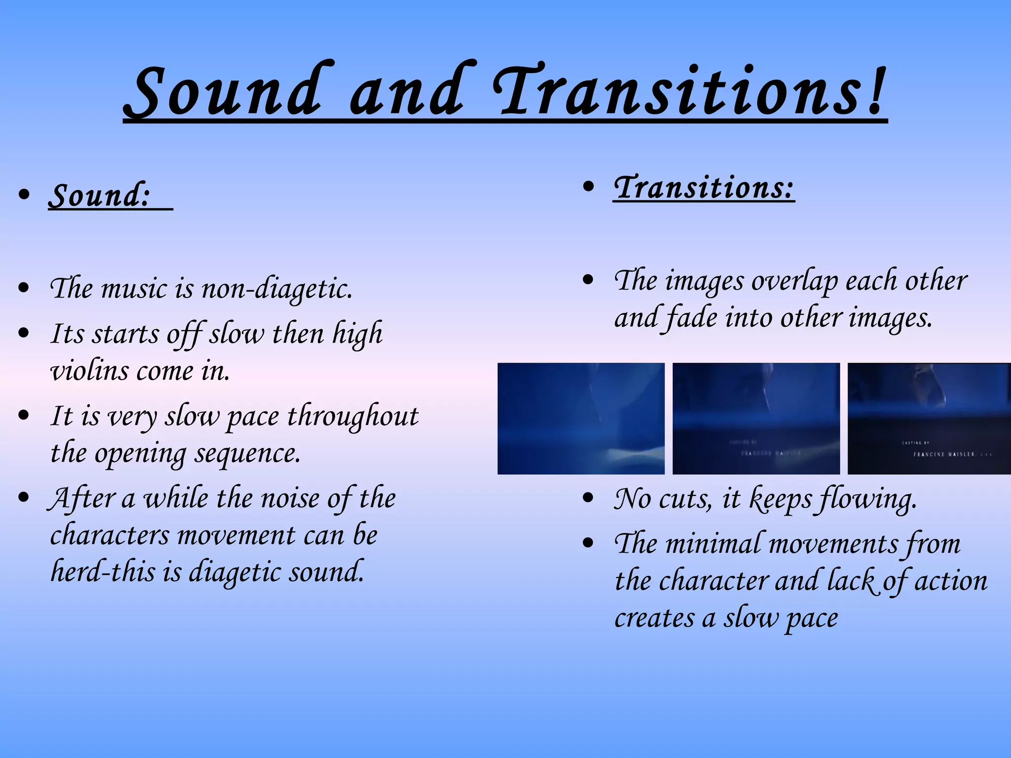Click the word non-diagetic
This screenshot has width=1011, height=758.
277,289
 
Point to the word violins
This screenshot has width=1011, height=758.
89,371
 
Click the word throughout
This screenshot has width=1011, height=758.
352,416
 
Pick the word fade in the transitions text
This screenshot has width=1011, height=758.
691,318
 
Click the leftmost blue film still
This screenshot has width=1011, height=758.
581,418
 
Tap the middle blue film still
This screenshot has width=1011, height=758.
756,418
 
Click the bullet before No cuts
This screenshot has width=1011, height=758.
587,498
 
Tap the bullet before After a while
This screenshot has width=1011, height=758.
23,497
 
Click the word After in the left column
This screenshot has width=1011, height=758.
81,498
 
